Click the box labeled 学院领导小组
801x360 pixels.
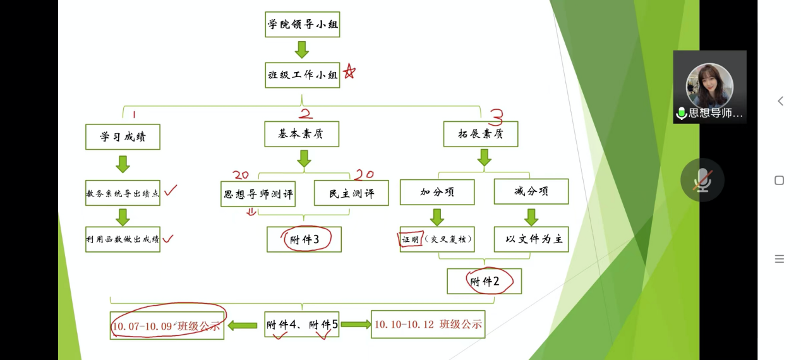302,25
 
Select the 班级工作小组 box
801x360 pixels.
302,75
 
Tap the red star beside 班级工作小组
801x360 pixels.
349,72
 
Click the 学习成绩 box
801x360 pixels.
123,136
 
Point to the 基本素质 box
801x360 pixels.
301,134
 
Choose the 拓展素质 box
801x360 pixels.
480,134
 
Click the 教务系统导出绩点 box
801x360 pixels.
123,193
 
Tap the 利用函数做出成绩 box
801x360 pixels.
123,239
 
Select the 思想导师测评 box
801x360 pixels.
258,193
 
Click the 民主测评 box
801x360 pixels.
351,193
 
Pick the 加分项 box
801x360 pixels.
437,192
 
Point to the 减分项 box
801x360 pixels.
531,191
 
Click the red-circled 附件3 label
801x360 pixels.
304,239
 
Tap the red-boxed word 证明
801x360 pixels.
411,239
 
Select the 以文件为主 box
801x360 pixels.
531,239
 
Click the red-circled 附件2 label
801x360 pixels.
485,281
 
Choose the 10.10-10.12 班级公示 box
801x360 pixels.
428,324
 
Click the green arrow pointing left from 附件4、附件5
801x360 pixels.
243,325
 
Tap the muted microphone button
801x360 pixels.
702,180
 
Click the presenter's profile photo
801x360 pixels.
709,85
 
